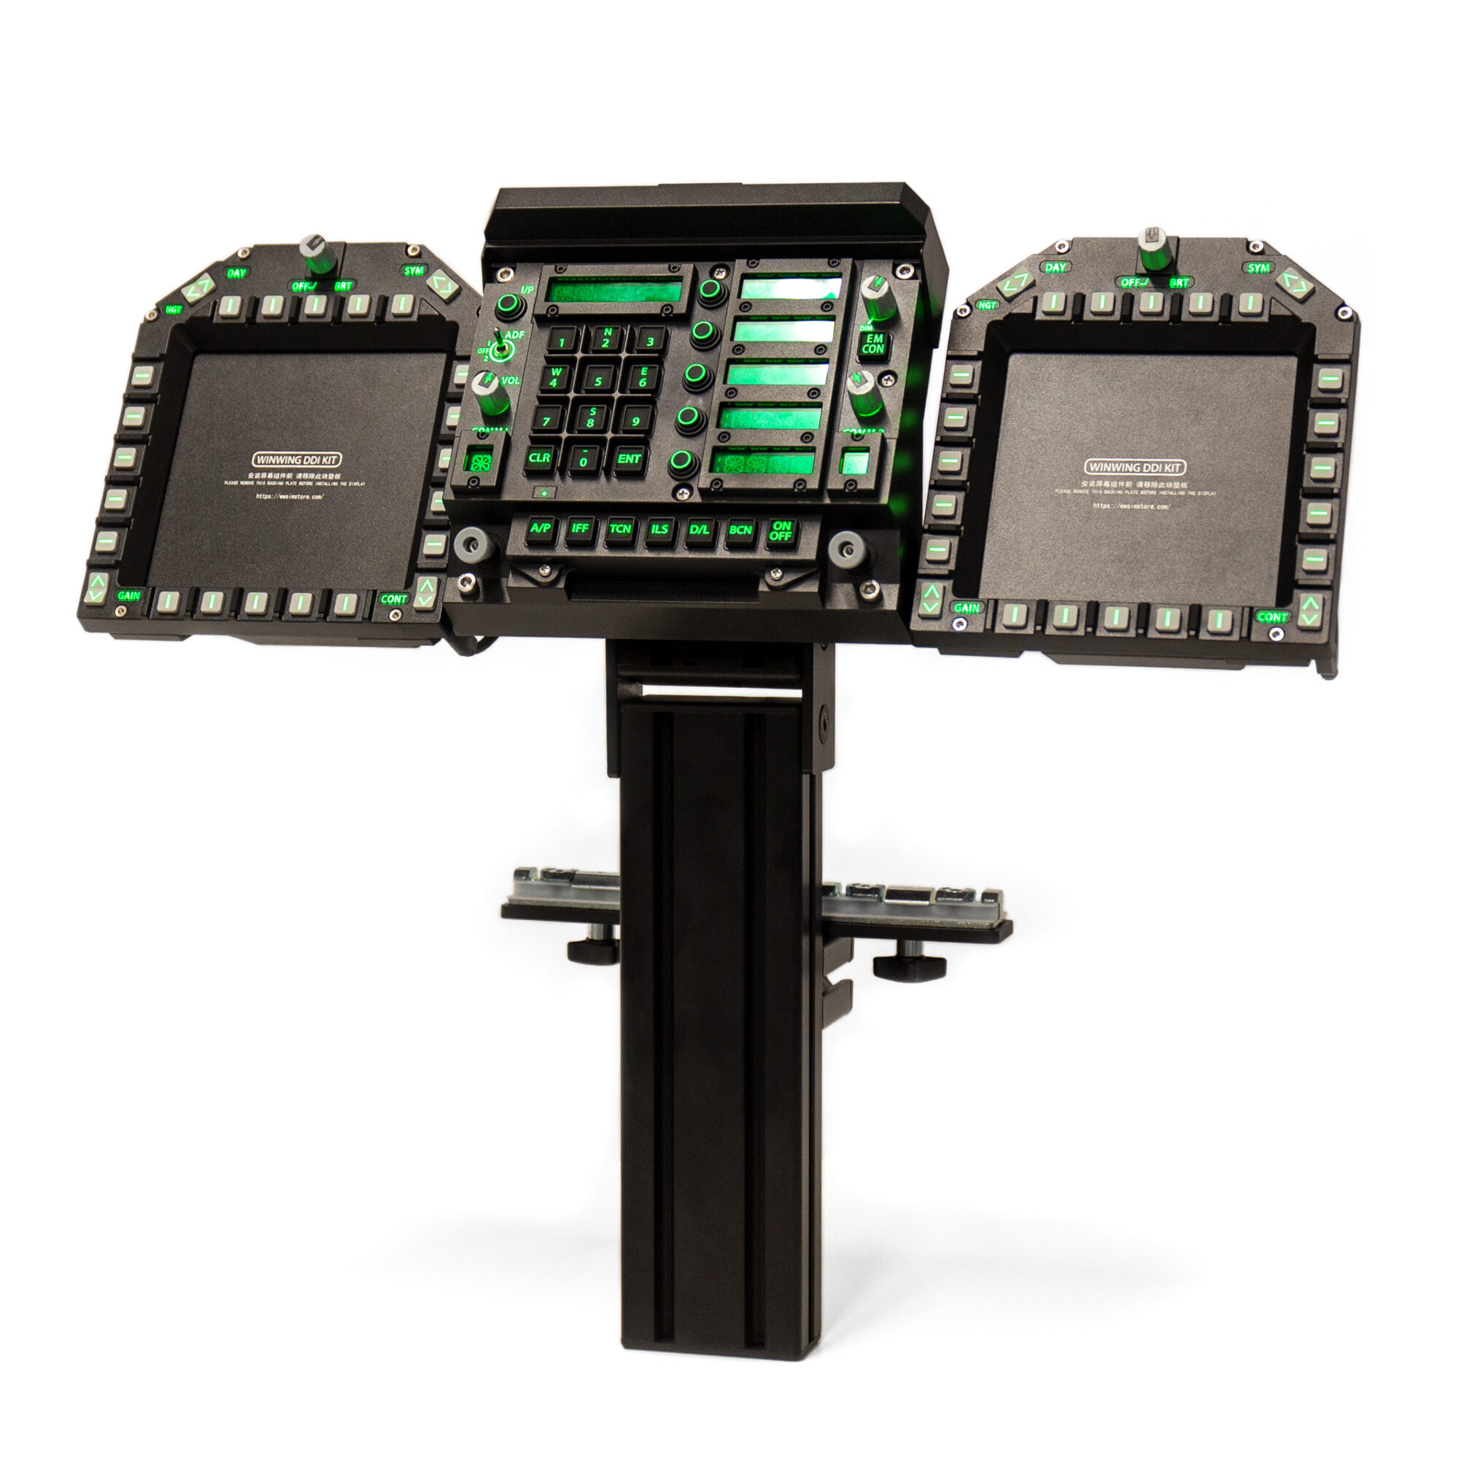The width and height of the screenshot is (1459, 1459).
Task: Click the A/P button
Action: click(541, 529)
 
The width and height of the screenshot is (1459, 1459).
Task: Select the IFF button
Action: click(580, 529)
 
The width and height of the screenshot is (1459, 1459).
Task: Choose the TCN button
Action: click(619, 529)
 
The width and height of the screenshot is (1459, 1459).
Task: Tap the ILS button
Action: click(659, 530)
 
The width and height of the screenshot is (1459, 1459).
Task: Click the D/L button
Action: click(700, 530)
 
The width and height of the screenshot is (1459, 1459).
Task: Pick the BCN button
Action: click(740, 530)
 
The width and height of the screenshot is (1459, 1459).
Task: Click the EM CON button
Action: click(872, 344)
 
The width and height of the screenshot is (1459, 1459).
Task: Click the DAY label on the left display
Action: click(236, 273)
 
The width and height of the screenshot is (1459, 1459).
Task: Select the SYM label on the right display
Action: click(1258, 268)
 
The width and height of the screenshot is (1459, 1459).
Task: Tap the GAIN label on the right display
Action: click(967, 608)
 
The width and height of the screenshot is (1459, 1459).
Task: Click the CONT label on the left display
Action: click(393, 599)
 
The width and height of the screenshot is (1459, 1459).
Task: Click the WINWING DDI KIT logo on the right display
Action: click(1134, 468)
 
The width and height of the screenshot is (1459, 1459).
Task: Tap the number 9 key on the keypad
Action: click(637, 420)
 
